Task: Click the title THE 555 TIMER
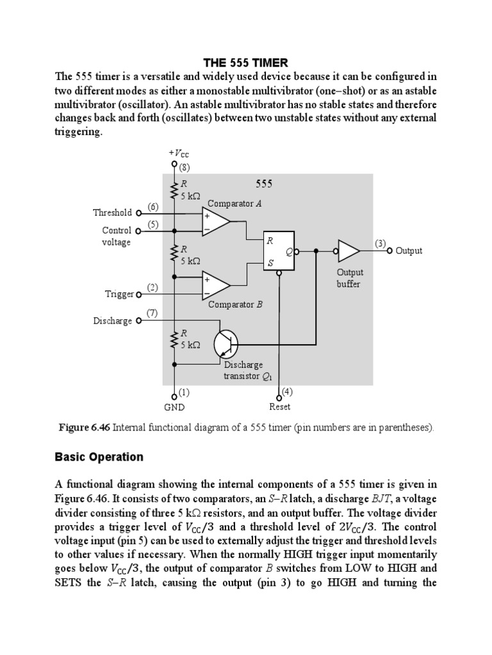pyautogui.click(x=245, y=63)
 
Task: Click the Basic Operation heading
pyautogui.click(x=99, y=457)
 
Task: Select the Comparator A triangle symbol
pyautogui.click(x=215, y=221)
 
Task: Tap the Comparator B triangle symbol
pyautogui.click(x=215, y=285)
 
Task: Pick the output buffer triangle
pyautogui.click(x=349, y=251)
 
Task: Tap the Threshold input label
pyautogui.click(x=112, y=213)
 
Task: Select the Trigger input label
pyautogui.click(x=119, y=294)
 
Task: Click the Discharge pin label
pyautogui.click(x=113, y=320)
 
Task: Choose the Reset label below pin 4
pyautogui.click(x=280, y=406)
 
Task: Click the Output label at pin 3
pyautogui.click(x=409, y=251)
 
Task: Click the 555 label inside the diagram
pyautogui.click(x=264, y=184)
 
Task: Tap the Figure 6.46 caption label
pyautogui.click(x=85, y=427)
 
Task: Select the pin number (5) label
pyautogui.click(x=153, y=225)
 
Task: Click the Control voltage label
pyautogui.click(x=116, y=236)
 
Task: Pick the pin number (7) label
pyautogui.click(x=152, y=313)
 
